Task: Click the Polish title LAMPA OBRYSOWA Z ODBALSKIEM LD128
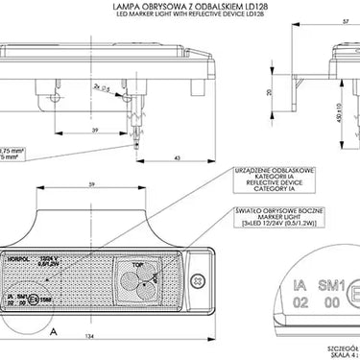point(180,8)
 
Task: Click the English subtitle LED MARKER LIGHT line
point(180,16)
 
